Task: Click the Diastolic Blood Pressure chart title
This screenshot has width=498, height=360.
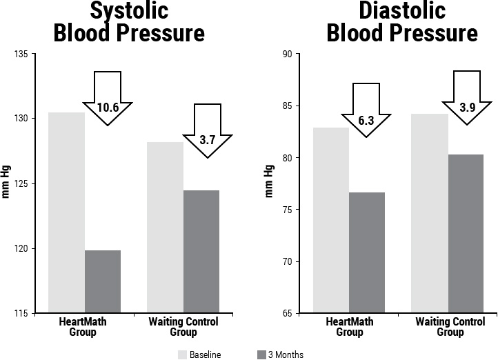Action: click(402, 22)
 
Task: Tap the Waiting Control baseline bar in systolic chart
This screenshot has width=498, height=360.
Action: click(166, 228)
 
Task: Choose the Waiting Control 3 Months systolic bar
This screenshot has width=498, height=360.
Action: click(201, 252)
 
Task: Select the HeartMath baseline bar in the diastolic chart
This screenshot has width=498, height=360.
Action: click(331, 220)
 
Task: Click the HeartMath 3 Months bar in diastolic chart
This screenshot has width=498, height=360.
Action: click(367, 252)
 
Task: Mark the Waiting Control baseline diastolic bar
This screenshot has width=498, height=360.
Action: click(430, 213)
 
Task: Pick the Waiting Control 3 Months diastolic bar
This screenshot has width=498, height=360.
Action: click(466, 234)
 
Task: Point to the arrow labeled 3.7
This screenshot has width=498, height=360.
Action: click(207, 131)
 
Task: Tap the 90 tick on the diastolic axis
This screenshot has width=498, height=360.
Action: click(288, 54)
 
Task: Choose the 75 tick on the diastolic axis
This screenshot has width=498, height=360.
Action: click(288, 210)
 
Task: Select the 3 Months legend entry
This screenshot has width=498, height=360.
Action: click(280, 354)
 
